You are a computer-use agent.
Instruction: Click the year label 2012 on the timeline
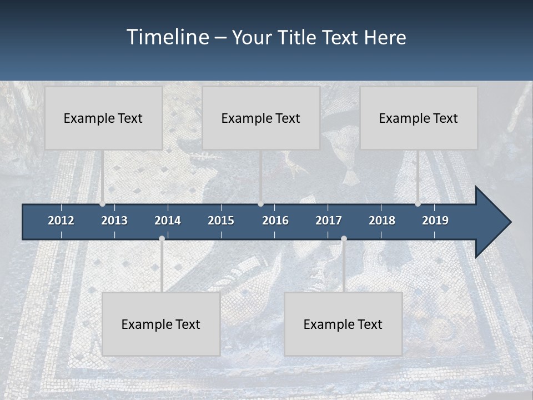click(61, 221)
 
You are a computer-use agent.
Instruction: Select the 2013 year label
click(114, 221)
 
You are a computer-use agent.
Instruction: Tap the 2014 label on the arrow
click(168, 221)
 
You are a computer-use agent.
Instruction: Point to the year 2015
click(221, 221)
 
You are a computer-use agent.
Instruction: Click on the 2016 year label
click(275, 221)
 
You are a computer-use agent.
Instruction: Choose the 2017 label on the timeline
click(329, 221)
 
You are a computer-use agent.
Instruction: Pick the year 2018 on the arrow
click(382, 221)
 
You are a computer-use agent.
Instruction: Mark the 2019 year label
click(435, 221)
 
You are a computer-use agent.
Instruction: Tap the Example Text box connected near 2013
click(103, 118)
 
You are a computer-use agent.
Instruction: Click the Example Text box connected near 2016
click(261, 118)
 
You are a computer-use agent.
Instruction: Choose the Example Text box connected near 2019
click(419, 118)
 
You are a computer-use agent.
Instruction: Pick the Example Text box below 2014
click(161, 324)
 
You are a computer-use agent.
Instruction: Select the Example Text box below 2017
click(343, 324)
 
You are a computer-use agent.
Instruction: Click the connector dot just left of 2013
click(102, 204)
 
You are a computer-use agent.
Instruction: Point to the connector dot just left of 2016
click(260, 204)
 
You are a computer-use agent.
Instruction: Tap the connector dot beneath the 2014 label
click(162, 239)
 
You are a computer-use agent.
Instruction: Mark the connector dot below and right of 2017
click(344, 239)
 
